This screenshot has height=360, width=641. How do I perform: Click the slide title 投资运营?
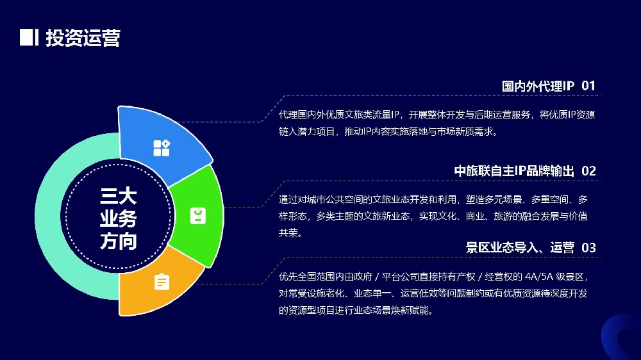(83, 38)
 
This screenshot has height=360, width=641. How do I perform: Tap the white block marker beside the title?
(26, 37)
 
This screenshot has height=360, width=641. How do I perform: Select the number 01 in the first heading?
(588, 86)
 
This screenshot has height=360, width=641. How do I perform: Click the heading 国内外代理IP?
(538, 86)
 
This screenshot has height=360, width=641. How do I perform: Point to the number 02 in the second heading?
(588, 171)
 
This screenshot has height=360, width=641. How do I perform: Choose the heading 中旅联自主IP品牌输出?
(514, 171)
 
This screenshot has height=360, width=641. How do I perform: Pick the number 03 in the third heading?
(588, 248)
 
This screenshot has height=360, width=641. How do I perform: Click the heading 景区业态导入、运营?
(520, 248)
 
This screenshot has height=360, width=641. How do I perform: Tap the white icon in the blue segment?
(162, 148)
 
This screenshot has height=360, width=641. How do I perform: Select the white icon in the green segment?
(198, 216)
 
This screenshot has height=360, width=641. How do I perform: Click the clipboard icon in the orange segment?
(162, 282)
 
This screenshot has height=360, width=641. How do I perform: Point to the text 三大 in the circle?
(118, 197)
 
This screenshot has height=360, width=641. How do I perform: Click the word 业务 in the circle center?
(118, 218)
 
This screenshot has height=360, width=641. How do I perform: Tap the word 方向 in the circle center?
(118, 241)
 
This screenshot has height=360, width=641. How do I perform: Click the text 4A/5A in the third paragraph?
(539, 277)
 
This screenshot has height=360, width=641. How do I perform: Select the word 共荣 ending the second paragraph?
(288, 233)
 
